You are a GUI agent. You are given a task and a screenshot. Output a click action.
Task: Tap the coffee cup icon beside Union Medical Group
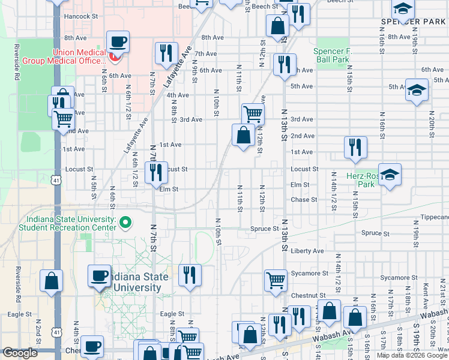point(118,43)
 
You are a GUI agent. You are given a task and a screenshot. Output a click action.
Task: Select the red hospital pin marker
point(116,56)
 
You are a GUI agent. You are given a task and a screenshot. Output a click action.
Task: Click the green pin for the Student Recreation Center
point(125,224)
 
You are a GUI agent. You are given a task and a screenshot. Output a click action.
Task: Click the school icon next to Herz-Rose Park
point(390,175)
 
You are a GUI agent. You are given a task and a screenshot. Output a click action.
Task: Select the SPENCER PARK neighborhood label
point(413,22)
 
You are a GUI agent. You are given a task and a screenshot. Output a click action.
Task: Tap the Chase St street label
point(303,200)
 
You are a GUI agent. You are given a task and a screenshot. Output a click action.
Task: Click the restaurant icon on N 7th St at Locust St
point(155,173)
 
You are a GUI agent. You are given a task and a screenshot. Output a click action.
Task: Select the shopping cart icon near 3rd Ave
point(253,113)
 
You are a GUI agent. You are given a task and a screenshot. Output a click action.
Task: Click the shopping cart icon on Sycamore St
point(276,279)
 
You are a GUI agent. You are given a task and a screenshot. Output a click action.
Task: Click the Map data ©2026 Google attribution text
point(412,355)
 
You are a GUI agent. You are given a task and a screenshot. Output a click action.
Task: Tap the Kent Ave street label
point(426,292)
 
